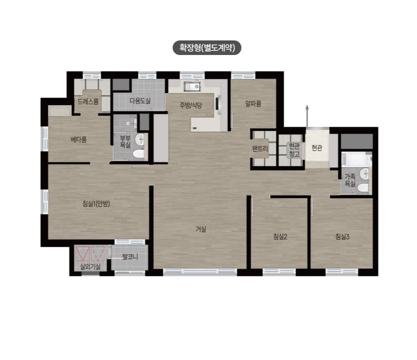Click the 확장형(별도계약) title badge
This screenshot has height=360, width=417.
coord(207,48)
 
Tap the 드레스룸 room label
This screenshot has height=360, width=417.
coord(88,101)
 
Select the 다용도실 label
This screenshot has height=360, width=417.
coord(140,100)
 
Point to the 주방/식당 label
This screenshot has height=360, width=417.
coord(191,105)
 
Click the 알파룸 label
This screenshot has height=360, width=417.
coord(253,103)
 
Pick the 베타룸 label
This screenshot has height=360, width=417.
coord(78,140)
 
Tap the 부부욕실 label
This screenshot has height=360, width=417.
coord(125,142)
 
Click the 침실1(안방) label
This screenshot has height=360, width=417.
coord(96,204)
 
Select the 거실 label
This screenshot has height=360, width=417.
coord(201,229)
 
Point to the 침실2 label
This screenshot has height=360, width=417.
coord(280,237)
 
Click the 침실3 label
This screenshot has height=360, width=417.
coord(342,237)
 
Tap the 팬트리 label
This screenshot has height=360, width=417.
coord(260,148)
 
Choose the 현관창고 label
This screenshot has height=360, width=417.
coord(295,150)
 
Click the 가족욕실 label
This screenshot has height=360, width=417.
coord(350,180)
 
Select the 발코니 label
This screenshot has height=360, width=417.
coord(130,257)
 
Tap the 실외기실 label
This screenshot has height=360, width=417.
coord(90,267)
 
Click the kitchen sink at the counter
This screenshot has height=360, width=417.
coord(192,86)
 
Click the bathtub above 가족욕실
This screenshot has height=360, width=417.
coord(356,160)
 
